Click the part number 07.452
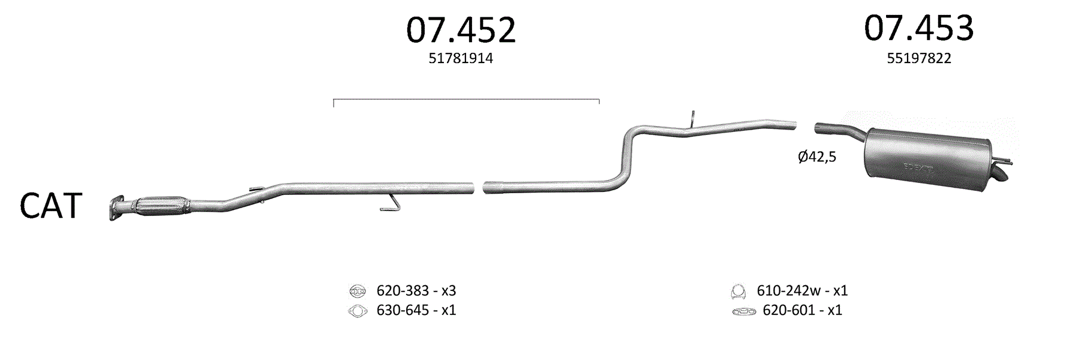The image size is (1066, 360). pyautogui.click(x=461, y=30)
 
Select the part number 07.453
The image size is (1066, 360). pyautogui.click(x=918, y=28)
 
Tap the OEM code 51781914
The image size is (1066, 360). pyautogui.click(x=461, y=58)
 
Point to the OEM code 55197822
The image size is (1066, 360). pyautogui.click(x=919, y=58)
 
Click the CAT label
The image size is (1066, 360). pyautogui.click(x=50, y=206)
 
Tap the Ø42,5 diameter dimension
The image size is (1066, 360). pyautogui.click(x=817, y=157)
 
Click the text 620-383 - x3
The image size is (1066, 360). pyautogui.click(x=416, y=291)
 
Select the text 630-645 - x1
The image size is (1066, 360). pyautogui.click(x=416, y=310)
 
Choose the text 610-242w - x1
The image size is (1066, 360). pyautogui.click(x=802, y=291)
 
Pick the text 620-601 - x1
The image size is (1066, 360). pyautogui.click(x=803, y=310)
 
